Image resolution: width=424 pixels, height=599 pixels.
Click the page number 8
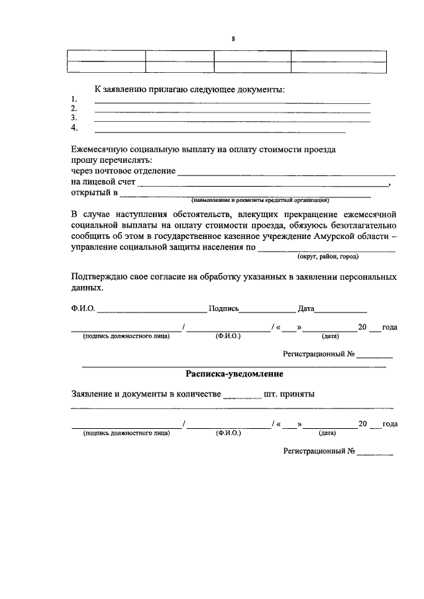(x=233, y=38)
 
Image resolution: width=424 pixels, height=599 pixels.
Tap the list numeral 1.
(x=74, y=100)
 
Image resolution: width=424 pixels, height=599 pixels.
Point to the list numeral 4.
(x=75, y=128)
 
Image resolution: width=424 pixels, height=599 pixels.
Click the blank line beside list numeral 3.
(x=232, y=120)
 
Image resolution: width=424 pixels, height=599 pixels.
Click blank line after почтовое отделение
(x=274, y=174)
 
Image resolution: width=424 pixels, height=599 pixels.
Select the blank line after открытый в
(x=244, y=197)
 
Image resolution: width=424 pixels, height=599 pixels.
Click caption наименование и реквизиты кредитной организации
(x=260, y=201)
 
